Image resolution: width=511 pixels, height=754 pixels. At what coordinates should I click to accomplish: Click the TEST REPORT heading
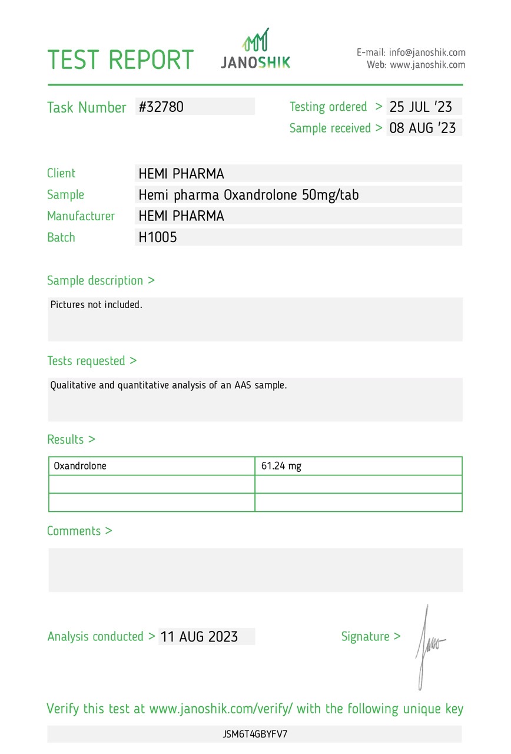click(120, 60)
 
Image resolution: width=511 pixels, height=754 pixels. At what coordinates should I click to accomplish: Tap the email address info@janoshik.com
click(427, 52)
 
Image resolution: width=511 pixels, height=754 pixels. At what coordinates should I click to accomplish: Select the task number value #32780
click(161, 107)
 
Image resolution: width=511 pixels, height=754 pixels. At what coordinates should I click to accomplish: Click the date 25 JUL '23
click(421, 107)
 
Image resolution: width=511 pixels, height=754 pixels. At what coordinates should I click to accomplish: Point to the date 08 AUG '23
click(423, 128)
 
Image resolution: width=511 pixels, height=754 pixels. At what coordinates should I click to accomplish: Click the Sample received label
click(330, 128)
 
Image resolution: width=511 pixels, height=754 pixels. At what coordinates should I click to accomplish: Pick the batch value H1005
click(158, 237)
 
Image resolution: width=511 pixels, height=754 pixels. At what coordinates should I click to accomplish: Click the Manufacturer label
click(81, 216)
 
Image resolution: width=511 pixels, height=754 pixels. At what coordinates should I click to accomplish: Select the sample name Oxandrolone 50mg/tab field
click(248, 194)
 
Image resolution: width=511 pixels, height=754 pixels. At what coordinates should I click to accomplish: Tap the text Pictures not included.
click(97, 305)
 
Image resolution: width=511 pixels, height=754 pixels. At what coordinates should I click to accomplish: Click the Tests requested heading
click(92, 361)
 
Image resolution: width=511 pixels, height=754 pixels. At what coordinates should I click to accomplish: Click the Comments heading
click(79, 531)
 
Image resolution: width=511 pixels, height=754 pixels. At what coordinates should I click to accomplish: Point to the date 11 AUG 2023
click(200, 637)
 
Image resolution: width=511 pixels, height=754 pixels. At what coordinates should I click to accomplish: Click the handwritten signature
click(429, 645)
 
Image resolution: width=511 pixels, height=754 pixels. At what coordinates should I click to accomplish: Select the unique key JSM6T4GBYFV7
click(255, 735)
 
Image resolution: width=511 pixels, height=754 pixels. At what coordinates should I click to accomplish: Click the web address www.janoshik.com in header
click(427, 65)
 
